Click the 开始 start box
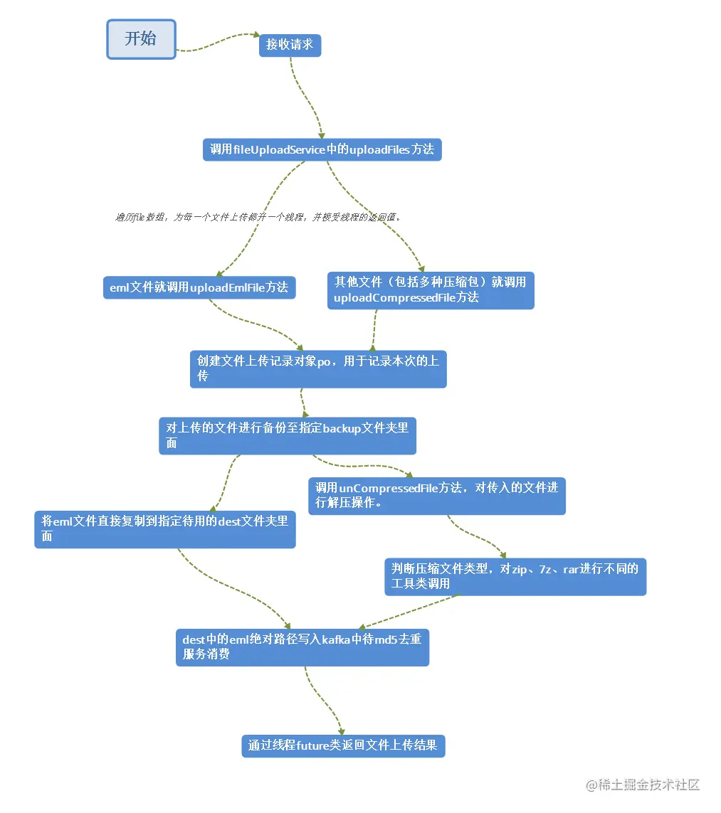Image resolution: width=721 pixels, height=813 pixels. [141, 39]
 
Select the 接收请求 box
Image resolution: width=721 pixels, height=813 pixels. [290, 46]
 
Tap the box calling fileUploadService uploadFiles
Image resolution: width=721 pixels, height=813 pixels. [322, 149]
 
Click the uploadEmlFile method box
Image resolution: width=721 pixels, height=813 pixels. [199, 288]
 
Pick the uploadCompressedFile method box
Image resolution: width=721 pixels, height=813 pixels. [431, 290]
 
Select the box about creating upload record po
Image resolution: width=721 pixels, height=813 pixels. [318, 369]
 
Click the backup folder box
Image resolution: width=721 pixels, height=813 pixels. [287, 436]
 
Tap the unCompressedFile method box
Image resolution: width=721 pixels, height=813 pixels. [437, 496]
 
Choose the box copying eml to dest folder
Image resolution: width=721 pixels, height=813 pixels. [165, 529]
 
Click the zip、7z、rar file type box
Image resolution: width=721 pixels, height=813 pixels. [515, 577]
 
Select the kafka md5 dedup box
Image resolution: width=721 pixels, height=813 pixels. [302, 647]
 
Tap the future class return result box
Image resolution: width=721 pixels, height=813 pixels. [343, 746]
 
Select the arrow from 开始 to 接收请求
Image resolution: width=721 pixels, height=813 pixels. [217, 41]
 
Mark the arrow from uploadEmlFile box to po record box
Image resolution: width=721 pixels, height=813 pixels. [256, 325]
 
